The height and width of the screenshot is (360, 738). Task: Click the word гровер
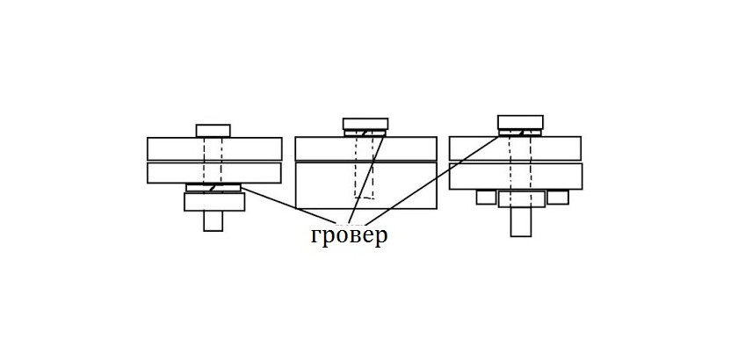pos(349,236)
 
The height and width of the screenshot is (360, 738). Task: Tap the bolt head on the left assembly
pos(213,130)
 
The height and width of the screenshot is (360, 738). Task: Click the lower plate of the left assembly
pos(176,172)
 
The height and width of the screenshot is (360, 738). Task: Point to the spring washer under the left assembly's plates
pos(213,188)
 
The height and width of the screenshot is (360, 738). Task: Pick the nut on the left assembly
pos(213,202)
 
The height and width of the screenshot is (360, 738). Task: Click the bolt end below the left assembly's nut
pos(213,221)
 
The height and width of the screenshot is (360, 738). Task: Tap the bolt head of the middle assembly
pos(365,123)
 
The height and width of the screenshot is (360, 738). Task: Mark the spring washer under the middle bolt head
pos(365,133)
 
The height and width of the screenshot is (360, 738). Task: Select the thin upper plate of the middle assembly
pos(325,148)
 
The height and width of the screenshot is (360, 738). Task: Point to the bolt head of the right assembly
pos(520,122)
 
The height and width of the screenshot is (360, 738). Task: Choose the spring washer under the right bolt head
pos(520,133)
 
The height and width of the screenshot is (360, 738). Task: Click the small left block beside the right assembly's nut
pos(487,198)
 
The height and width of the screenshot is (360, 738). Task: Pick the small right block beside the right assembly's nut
pos(558,198)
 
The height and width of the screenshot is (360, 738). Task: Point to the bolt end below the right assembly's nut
pos(521,221)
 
